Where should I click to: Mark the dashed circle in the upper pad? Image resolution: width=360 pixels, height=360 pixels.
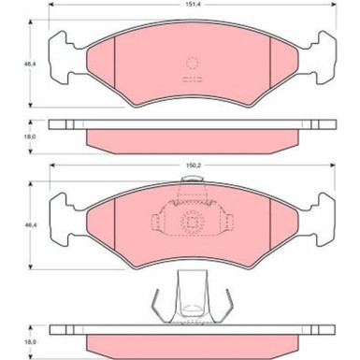point(194,65)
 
